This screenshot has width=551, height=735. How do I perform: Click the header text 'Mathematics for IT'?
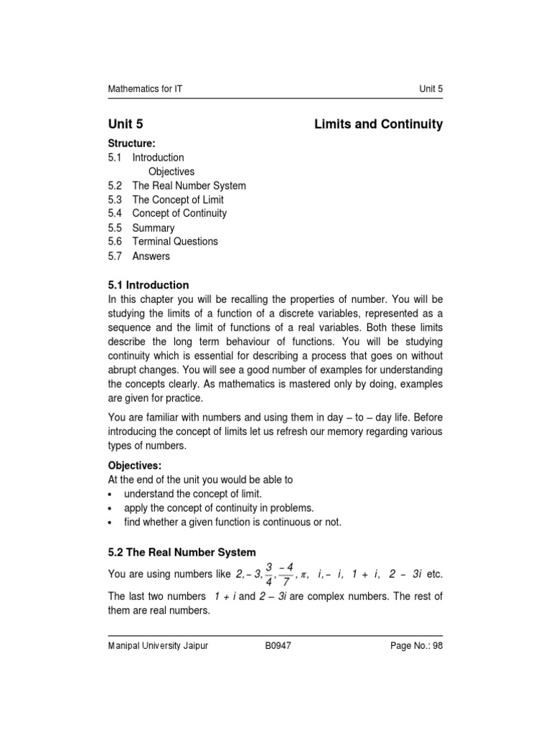[149, 89]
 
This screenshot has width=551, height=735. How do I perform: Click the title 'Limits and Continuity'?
[378, 124]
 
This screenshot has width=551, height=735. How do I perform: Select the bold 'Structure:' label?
[131, 144]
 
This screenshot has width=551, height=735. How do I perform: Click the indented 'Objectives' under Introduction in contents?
[171, 172]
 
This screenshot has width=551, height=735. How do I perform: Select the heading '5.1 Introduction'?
[149, 285]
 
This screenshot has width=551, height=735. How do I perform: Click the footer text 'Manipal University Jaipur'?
[158, 646]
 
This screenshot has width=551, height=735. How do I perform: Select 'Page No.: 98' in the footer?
[416, 646]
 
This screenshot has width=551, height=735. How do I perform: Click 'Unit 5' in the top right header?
[430, 89]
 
